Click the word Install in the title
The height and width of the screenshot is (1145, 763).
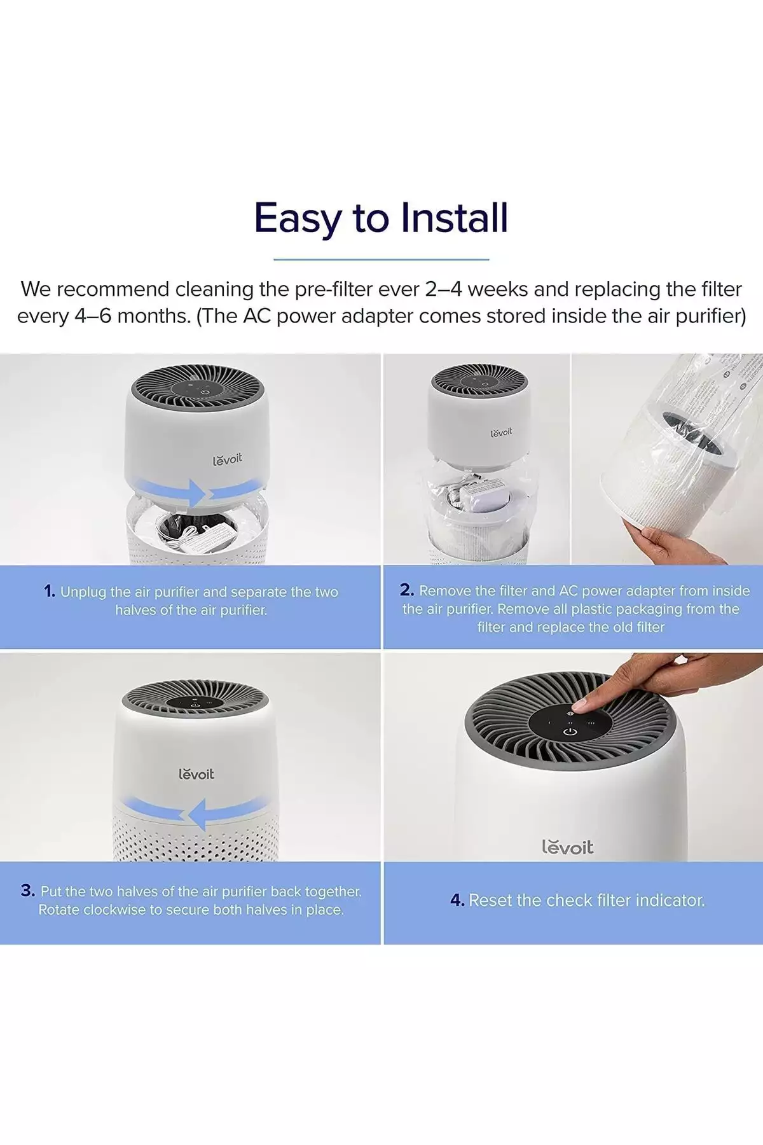(x=455, y=218)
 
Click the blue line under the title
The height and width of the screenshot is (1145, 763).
(x=381, y=259)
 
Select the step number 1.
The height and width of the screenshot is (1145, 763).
(x=50, y=591)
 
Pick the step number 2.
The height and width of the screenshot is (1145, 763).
(x=407, y=590)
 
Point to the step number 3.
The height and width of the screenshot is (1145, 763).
(x=28, y=890)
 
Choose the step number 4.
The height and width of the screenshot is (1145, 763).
(x=457, y=899)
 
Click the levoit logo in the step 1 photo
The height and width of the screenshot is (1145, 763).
(x=227, y=459)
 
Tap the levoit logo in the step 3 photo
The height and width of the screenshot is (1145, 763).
(x=196, y=774)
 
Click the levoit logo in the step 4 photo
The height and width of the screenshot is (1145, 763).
(x=567, y=847)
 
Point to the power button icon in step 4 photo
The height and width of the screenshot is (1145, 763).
(x=570, y=733)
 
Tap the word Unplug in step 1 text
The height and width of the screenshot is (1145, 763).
(x=83, y=592)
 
